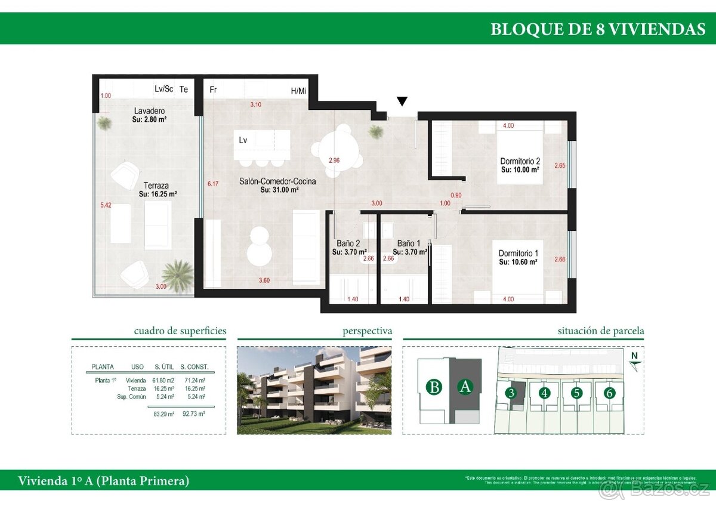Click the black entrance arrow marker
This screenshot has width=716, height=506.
coord(403,101)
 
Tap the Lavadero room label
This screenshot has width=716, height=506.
coord(149,111)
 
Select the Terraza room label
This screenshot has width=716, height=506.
coord(156,186)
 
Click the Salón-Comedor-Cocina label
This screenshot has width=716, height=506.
coord(277,181)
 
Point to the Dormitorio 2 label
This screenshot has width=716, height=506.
coord(520,161)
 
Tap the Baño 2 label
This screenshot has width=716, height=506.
coord(348,243)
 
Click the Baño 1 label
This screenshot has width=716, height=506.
coord(409,243)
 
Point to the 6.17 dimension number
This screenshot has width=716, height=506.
coord(212,184)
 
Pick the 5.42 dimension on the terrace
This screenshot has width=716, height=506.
coord(106,205)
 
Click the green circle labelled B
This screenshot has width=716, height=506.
coord(435,387)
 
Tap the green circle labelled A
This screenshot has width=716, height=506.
coord(465,387)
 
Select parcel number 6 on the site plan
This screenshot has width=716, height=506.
coord(609,393)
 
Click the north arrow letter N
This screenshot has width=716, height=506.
coord(635,356)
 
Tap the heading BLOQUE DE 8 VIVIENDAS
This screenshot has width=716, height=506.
coord(597,29)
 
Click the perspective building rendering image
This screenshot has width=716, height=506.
coord(314,388)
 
